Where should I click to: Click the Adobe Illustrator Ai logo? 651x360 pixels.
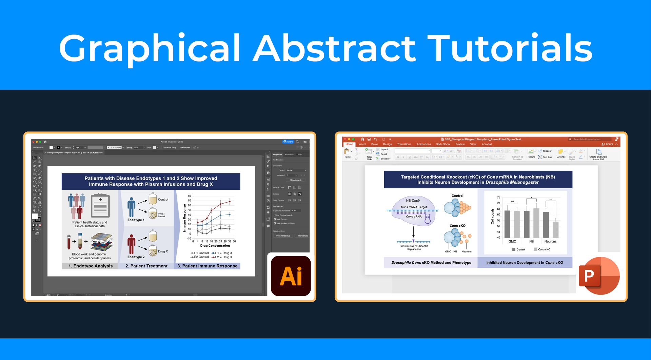click(291, 276)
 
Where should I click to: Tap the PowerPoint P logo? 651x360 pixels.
click(599, 276)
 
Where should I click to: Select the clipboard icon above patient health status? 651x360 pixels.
click(100, 206)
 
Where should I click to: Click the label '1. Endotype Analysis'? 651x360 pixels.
click(91, 266)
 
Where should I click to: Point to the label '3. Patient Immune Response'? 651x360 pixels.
click(207, 266)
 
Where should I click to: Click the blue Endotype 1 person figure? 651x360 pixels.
click(131, 207)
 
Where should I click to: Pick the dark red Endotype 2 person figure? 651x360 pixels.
click(131, 244)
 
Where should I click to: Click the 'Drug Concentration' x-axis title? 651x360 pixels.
click(215, 246)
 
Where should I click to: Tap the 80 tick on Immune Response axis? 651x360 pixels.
click(190, 196)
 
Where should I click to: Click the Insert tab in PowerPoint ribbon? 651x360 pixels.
click(362, 144)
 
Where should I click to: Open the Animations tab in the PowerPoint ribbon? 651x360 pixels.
click(423, 144)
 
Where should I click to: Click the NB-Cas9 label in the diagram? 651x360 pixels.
click(413, 201)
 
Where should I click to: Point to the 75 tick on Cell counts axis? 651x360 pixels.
click(498, 197)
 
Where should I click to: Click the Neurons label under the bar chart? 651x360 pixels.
click(550, 242)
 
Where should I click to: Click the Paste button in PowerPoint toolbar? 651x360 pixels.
click(348, 153)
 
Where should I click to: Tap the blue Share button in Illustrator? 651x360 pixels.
click(289, 142)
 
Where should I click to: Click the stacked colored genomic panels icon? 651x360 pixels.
click(102, 242)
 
